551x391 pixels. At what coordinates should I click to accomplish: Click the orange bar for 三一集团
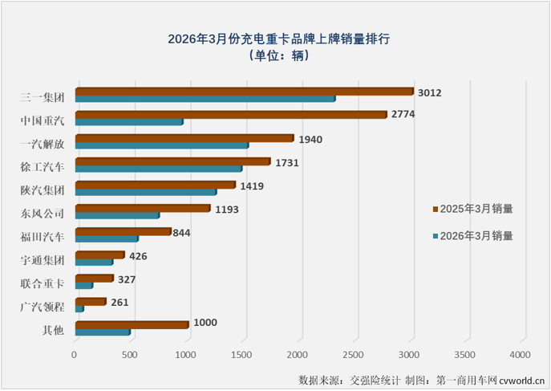[244, 92]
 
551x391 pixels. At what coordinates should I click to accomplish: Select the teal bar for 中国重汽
[128, 122]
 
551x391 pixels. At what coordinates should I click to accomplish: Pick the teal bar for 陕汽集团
[145, 192]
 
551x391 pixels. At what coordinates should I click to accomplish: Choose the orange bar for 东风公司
[142, 208]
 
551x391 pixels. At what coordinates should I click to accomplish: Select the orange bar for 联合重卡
[94, 278]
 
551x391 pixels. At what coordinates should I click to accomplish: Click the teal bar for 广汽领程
[79, 308]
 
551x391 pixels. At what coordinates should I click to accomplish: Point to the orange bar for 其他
[132, 324]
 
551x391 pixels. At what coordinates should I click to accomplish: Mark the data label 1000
[205, 323]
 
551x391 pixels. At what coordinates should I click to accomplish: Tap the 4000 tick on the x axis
[521, 353]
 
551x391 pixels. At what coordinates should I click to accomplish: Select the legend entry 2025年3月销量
[472, 209]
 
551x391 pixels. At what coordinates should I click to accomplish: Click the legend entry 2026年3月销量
[472, 236]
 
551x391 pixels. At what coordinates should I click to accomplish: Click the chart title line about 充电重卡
[278, 38]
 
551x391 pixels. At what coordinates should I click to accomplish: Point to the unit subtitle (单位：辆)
[278, 56]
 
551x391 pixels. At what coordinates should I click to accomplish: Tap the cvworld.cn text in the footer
[522, 379]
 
